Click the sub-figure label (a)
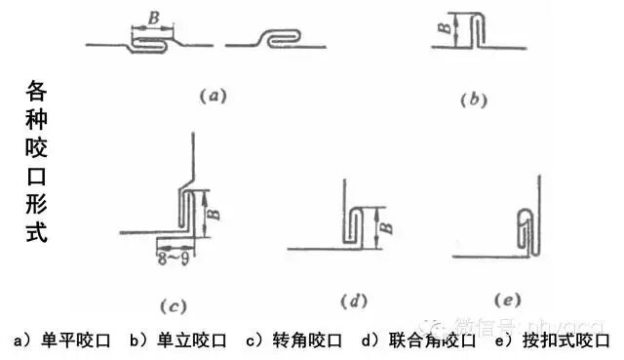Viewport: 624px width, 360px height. click(x=213, y=96)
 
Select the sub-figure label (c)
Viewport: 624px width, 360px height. click(x=173, y=306)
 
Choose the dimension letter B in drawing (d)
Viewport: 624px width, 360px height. click(x=386, y=227)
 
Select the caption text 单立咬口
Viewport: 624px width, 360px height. click(x=191, y=341)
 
